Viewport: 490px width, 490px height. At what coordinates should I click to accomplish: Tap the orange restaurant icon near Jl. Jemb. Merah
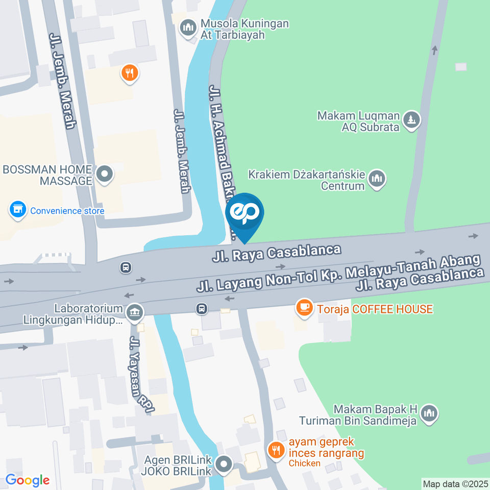(x=130, y=73)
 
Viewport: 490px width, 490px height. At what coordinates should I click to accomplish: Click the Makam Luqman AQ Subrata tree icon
(x=410, y=120)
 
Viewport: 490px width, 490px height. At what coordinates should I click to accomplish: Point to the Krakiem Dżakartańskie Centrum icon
(x=377, y=179)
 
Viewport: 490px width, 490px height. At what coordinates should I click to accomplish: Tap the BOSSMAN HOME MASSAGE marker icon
(x=105, y=174)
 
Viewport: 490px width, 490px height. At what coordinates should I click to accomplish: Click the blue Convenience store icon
(x=18, y=210)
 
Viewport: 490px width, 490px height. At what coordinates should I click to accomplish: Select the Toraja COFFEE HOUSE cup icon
(x=305, y=308)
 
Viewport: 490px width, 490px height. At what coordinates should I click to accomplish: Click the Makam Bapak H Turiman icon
(x=430, y=413)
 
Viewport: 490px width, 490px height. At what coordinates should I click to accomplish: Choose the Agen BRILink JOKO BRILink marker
(x=224, y=464)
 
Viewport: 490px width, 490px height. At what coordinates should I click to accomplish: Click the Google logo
(x=27, y=480)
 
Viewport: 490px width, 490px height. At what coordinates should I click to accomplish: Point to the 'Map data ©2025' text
(x=455, y=483)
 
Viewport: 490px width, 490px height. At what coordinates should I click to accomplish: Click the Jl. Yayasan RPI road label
(x=142, y=375)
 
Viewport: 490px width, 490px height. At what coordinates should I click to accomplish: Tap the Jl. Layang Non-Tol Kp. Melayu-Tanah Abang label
(x=338, y=274)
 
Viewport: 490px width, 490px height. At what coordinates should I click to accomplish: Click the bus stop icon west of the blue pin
(x=125, y=267)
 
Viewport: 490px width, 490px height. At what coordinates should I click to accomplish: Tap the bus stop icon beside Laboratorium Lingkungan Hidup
(x=202, y=308)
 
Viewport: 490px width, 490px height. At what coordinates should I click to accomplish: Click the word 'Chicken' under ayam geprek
(x=304, y=463)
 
